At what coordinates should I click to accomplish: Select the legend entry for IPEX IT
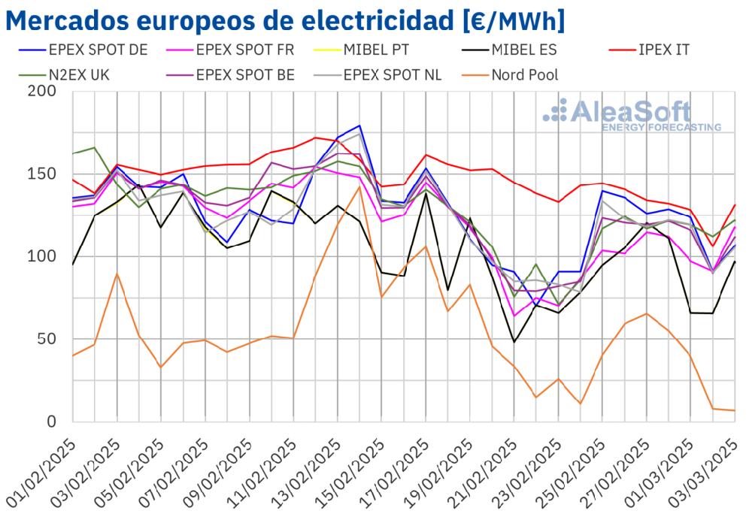click(662, 50)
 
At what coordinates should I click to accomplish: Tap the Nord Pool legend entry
click(524, 74)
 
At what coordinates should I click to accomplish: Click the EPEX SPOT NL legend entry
click(392, 74)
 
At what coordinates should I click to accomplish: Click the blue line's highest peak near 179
click(360, 125)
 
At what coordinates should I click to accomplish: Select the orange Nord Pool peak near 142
click(360, 186)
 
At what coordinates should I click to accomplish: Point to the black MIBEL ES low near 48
click(514, 342)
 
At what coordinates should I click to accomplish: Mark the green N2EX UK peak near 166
click(94, 147)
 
